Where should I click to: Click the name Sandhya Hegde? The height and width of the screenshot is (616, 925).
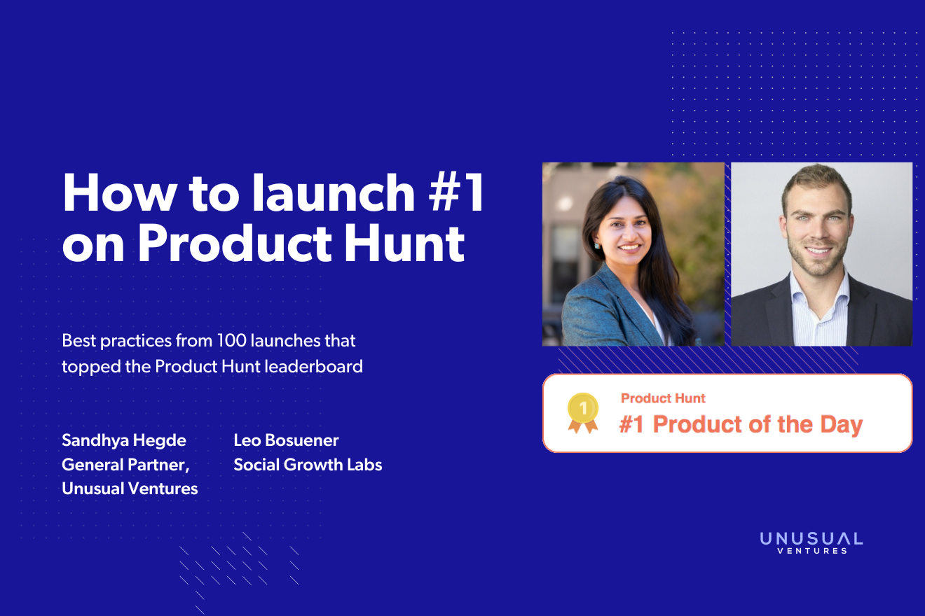click(124, 440)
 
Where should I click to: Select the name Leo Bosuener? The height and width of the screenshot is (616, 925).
click(286, 440)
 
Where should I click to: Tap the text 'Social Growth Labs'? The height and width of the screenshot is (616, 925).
click(308, 464)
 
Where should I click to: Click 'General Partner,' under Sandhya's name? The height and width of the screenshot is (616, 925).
click(125, 464)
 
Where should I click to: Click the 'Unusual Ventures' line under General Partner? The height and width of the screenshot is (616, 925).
click(130, 488)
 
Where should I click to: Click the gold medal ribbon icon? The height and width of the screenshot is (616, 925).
click(582, 413)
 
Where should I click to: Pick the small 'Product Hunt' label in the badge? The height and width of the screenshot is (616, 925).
click(663, 398)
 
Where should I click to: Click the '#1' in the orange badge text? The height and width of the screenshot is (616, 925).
click(632, 425)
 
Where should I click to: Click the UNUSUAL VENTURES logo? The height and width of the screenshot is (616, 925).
click(811, 542)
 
